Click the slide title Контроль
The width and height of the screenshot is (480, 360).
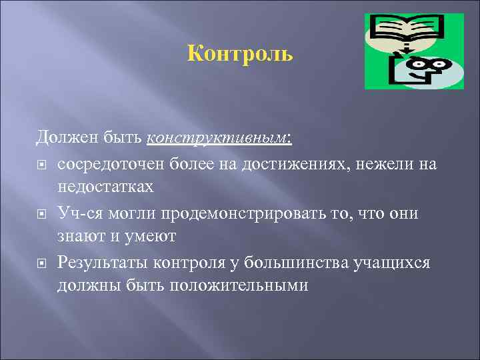coord(240,53)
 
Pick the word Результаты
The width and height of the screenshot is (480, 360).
coord(103,262)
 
